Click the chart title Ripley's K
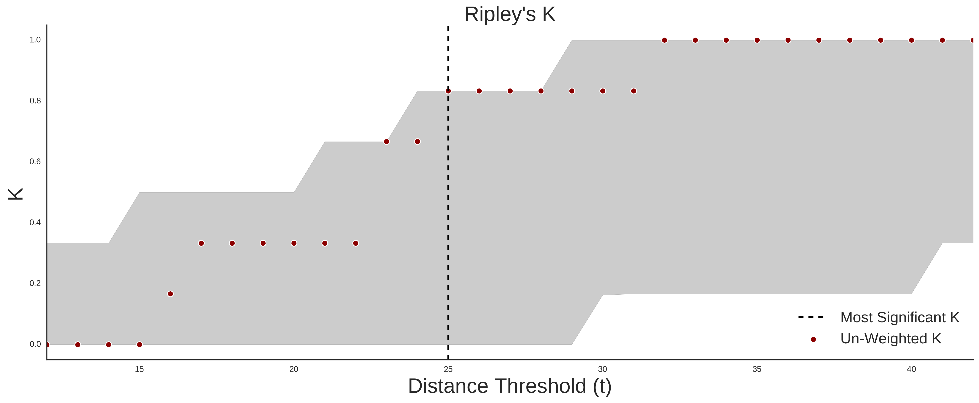click(x=510, y=14)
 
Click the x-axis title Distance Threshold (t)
click(x=510, y=386)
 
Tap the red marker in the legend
click(x=813, y=339)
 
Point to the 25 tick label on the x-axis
click(x=448, y=369)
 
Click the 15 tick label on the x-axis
click(x=139, y=369)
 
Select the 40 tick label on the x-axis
click(x=911, y=369)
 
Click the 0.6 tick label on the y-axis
click(x=35, y=162)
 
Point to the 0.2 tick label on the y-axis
click(x=35, y=283)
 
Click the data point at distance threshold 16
click(x=170, y=294)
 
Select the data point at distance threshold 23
click(x=386, y=142)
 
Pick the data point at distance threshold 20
click(x=294, y=243)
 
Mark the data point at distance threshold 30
click(x=603, y=91)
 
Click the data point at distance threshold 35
click(x=757, y=40)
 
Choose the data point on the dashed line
click(x=448, y=91)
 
